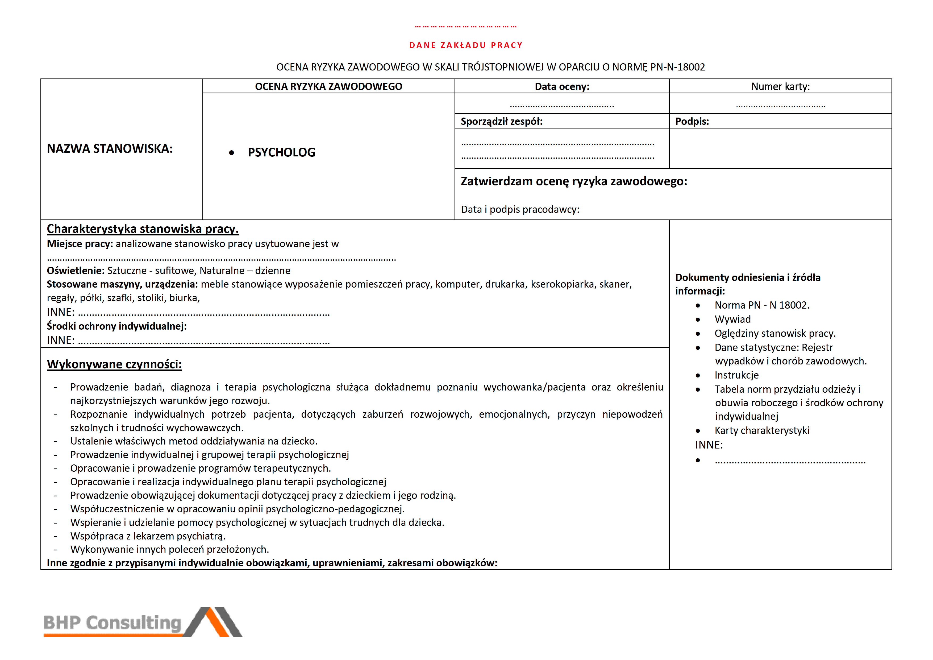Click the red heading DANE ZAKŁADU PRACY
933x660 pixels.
pos(466,45)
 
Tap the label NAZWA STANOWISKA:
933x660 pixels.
pos(110,149)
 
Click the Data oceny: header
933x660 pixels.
pos(562,86)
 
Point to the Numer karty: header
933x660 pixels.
pos(780,86)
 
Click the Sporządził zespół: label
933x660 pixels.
pos(501,122)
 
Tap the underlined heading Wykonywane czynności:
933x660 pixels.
pos(114,364)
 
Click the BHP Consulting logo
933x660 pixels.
pos(142,622)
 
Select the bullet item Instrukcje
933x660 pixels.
pos(736,375)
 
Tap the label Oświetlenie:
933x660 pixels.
pos(76,271)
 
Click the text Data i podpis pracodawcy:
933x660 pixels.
pos(520,210)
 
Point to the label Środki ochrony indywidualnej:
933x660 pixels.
pos(116,326)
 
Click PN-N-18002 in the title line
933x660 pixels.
pos(677,67)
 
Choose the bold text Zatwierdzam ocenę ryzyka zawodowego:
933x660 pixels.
pos(574,181)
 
